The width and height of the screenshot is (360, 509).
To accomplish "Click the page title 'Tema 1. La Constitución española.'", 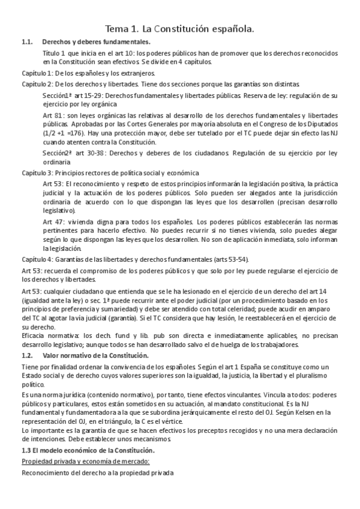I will coord(179,28).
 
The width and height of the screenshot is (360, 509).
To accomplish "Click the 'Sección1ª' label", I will coord(58,95).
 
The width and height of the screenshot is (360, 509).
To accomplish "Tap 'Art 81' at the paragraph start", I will coord(53,115).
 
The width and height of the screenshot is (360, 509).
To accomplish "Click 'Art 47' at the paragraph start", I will coord(53,221).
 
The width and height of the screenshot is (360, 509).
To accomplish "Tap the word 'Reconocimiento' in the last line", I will coord(46,473).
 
